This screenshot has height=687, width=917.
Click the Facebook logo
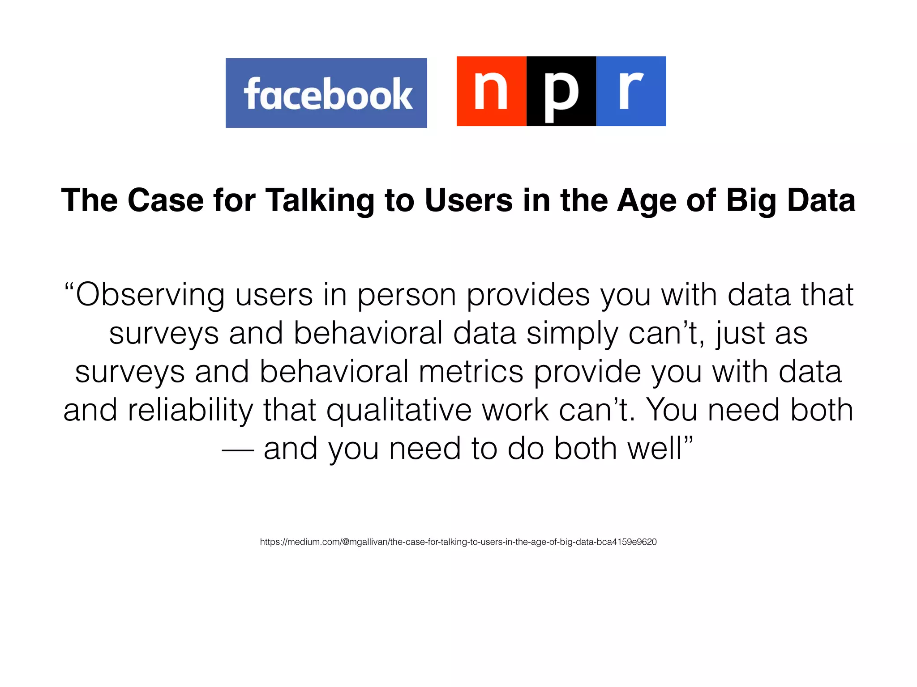pyautogui.click(x=326, y=93)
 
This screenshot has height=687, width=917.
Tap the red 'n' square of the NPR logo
pyautogui.click(x=491, y=91)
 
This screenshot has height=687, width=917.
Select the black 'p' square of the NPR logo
pyautogui.click(x=561, y=91)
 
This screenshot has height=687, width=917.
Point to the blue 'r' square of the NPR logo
pyautogui.click(x=631, y=91)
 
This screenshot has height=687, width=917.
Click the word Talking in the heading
pyautogui.click(x=320, y=200)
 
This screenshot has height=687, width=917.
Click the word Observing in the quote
pyautogui.click(x=150, y=295)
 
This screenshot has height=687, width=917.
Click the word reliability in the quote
pyautogui.click(x=190, y=410)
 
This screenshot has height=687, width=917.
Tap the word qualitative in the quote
pyautogui.click(x=399, y=410)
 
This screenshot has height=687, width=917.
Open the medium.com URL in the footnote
pyautogui.click(x=458, y=542)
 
